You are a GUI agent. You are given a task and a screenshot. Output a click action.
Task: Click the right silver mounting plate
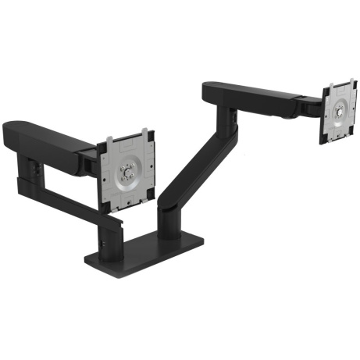342,113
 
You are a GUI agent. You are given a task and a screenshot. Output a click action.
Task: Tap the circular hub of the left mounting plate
127,173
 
